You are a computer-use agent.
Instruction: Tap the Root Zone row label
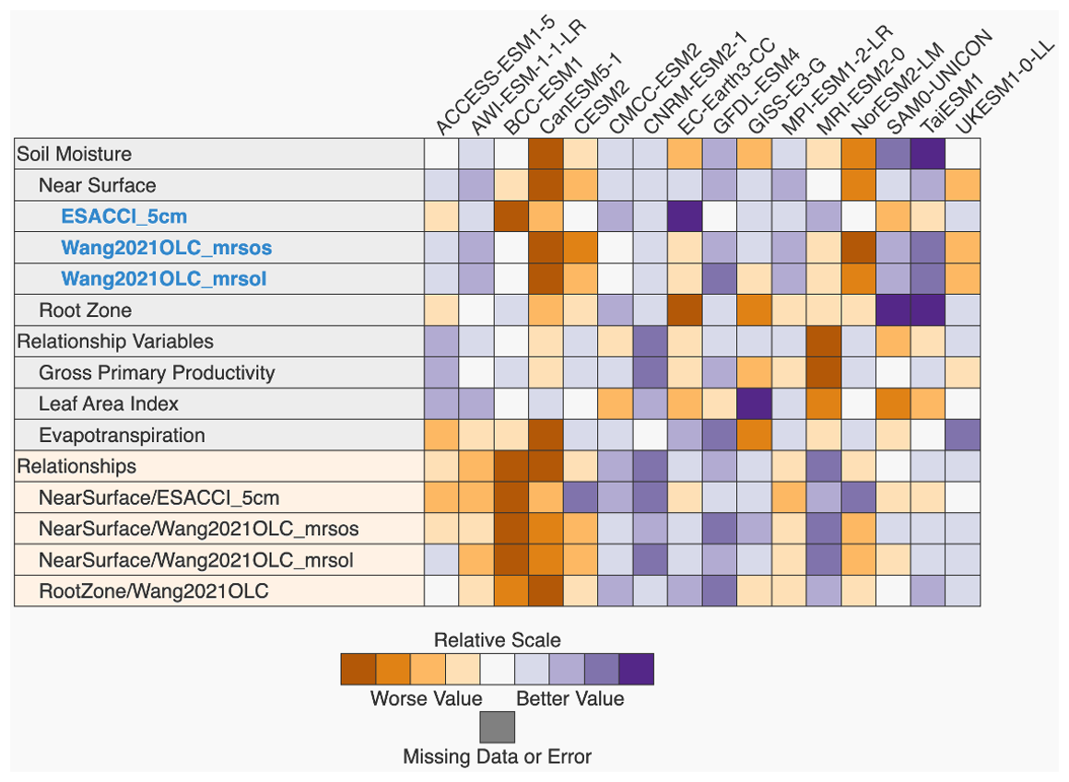click(x=85, y=310)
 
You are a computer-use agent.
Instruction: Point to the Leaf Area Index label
click(x=109, y=403)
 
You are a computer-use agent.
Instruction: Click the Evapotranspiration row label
click(x=122, y=435)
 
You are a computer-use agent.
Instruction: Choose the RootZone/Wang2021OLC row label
click(x=154, y=590)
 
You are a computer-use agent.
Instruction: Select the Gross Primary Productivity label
click(x=157, y=372)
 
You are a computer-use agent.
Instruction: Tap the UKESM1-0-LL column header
click(x=1004, y=90)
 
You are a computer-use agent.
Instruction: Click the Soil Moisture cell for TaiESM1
click(x=928, y=154)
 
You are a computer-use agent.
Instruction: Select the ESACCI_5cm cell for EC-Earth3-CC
click(x=684, y=216)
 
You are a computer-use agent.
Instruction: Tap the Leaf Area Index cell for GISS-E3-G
click(x=754, y=403)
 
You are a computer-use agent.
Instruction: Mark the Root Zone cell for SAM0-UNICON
click(x=893, y=310)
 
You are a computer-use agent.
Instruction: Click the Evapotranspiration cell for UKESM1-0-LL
click(x=963, y=435)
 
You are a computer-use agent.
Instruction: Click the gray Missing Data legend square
click(x=497, y=727)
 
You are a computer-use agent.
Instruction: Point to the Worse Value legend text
click(x=426, y=698)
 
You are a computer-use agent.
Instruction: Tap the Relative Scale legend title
click(x=497, y=639)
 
